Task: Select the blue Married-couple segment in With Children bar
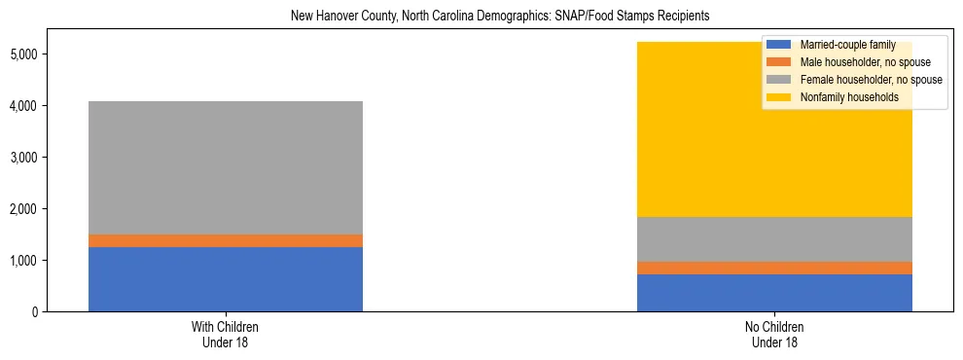[226, 279]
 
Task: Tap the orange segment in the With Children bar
[226, 240]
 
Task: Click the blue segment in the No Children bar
[774, 293]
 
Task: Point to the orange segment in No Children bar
[774, 268]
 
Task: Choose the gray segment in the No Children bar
[774, 239]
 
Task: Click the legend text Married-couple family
[839, 45]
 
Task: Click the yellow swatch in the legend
[778, 97]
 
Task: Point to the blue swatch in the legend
[778, 45]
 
